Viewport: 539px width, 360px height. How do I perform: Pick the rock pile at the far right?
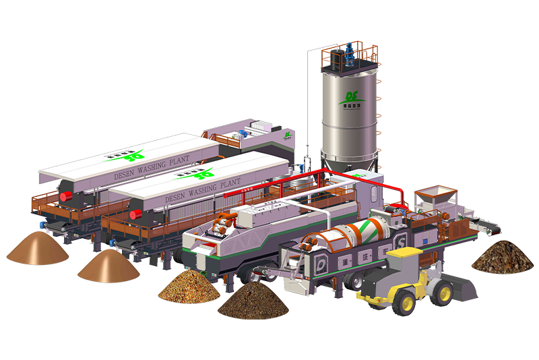pyautogui.click(x=501, y=257)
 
